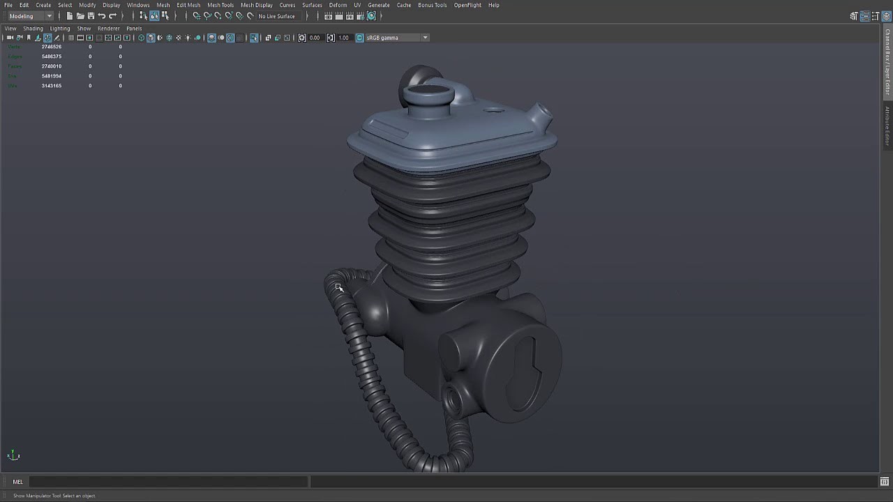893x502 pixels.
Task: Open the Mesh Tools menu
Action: [220, 5]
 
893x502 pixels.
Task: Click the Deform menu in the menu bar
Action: [338, 5]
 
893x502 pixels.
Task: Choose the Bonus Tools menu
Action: [432, 5]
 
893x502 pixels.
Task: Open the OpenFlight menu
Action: [467, 5]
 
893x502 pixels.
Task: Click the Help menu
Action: [493, 5]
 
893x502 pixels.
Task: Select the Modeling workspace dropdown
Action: [30, 16]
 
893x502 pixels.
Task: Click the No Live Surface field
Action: [277, 16]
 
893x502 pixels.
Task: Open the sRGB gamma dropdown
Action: [395, 38]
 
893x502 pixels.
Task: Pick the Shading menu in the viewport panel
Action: [33, 29]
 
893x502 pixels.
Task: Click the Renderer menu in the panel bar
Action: [108, 29]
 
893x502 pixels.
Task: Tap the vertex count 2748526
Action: [52, 47]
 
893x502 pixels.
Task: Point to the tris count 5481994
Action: [52, 76]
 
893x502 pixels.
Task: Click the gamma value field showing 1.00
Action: [344, 38]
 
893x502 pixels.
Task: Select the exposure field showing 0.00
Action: [315, 38]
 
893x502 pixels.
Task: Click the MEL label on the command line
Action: [17, 482]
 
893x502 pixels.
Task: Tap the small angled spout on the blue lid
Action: [541, 115]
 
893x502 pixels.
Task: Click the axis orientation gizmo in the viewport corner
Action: [13, 455]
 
